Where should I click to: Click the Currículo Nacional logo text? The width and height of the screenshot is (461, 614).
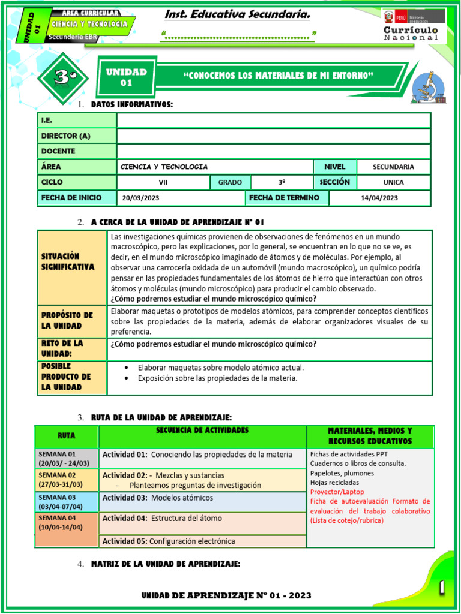pyautogui.click(x=411, y=34)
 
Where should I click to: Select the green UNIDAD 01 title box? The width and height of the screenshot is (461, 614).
pyautogui.click(x=126, y=77)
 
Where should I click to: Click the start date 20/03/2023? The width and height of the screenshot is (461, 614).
pyautogui.click(x=140, y=198)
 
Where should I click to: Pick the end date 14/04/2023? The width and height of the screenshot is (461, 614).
pyautogui.click(x=379, y=198)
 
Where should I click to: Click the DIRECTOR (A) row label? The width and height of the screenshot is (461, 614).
pyautogui.click(x=66, y=136)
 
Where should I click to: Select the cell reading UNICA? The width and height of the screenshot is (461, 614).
pyautogui.click(x=393, y=182)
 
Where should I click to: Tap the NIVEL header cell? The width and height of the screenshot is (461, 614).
pyautogui.click(x=334, y=167)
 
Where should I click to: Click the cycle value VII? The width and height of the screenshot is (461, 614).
pyautogui.click(x=163, y=182)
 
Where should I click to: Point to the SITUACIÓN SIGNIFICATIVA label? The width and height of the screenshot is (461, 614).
pyautogui.click(x=68, y=261)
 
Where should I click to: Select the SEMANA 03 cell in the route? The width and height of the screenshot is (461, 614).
pyautogui.click(x=66, y=502)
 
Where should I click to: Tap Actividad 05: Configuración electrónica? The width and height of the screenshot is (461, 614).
pyautogui.click(x=169, y=541)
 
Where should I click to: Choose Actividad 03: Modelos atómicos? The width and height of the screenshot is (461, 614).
pyautogui.click(x=157, y=498)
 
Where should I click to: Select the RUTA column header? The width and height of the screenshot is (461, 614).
pyautogui.click(x=66, y=436)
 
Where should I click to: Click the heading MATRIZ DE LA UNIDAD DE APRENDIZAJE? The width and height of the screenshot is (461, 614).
pyautogui.click(x=165, y=564)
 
